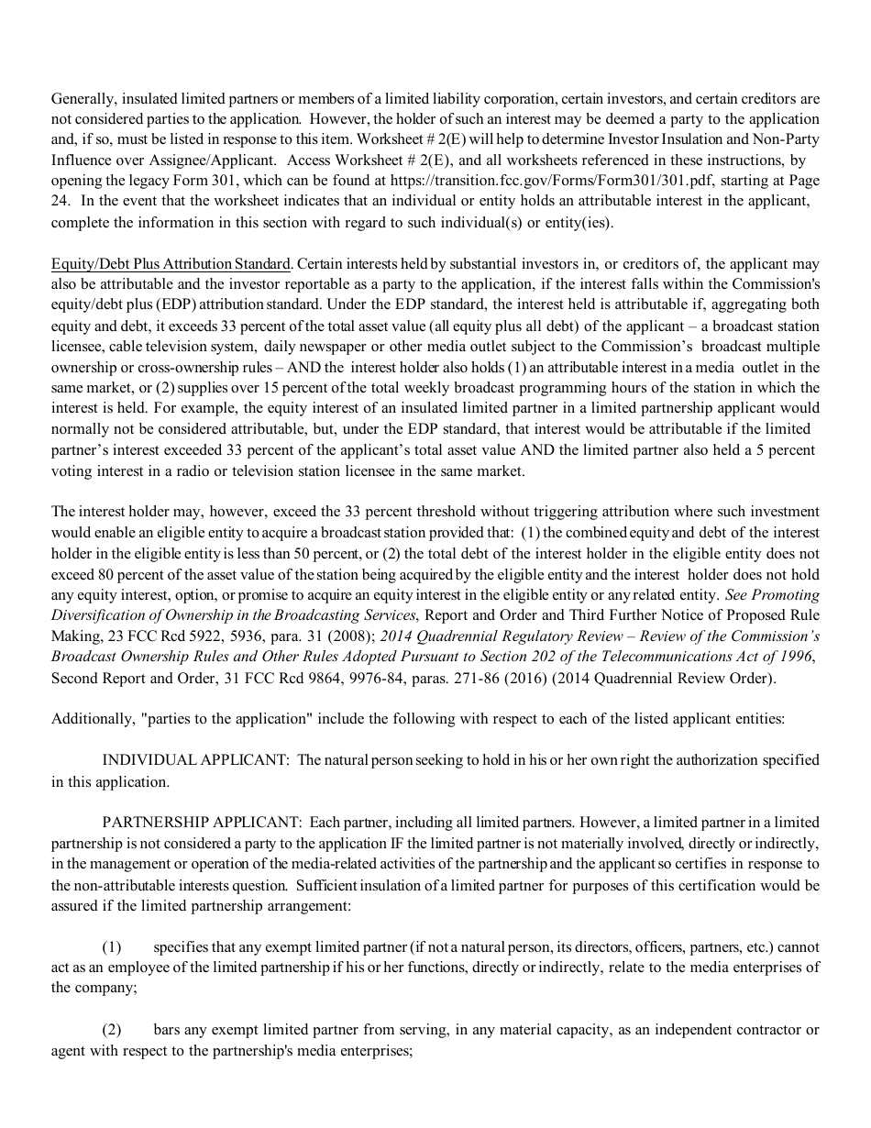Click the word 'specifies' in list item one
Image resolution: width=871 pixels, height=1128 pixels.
[181, 946]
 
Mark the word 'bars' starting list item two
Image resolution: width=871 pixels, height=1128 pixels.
[168, 1030]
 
